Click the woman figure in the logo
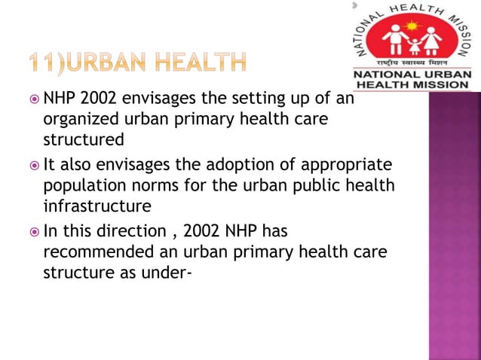pos(434,40)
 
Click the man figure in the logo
pos(391,40)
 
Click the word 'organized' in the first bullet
pos(80,119)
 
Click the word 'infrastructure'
pos(97,206)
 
